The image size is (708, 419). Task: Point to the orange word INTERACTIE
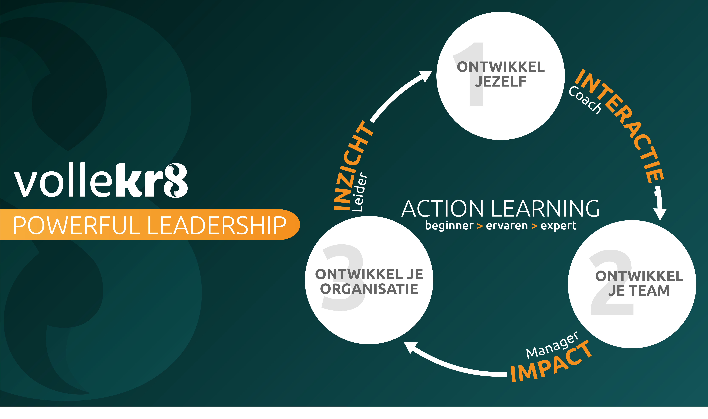pyautogui.click(x=622, y=124)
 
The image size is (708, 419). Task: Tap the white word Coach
pyautogui.click(x=585, y=100)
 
